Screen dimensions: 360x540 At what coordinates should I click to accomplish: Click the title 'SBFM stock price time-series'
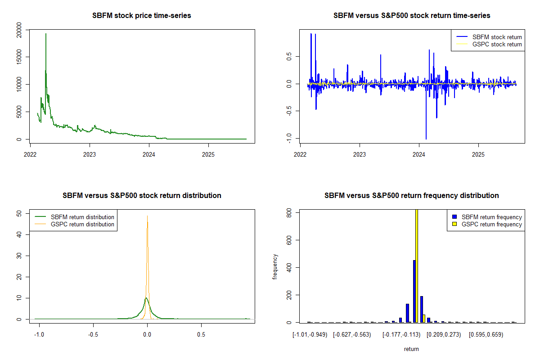pos(142,16)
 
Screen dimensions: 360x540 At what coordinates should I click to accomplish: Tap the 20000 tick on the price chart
pos(18,29)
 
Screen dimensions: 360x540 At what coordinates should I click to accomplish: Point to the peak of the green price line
pos(45,34)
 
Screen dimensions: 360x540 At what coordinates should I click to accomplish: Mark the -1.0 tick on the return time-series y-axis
pos(288,139)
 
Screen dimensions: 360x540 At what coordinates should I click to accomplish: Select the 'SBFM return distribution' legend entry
pos(82,217)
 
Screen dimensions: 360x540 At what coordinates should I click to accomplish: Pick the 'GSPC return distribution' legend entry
pos(82,224)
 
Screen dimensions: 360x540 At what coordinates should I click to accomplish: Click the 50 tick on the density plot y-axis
pos(18,213)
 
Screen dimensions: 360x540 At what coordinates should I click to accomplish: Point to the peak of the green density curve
pos(146,298)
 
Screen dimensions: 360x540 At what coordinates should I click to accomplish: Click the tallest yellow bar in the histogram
pos(417,265)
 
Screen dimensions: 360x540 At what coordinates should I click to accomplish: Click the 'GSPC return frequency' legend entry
pos(491,224)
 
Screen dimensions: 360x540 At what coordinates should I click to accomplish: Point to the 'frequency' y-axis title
pos(275,266)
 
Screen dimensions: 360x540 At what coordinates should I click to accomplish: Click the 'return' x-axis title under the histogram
pos(411,349)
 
